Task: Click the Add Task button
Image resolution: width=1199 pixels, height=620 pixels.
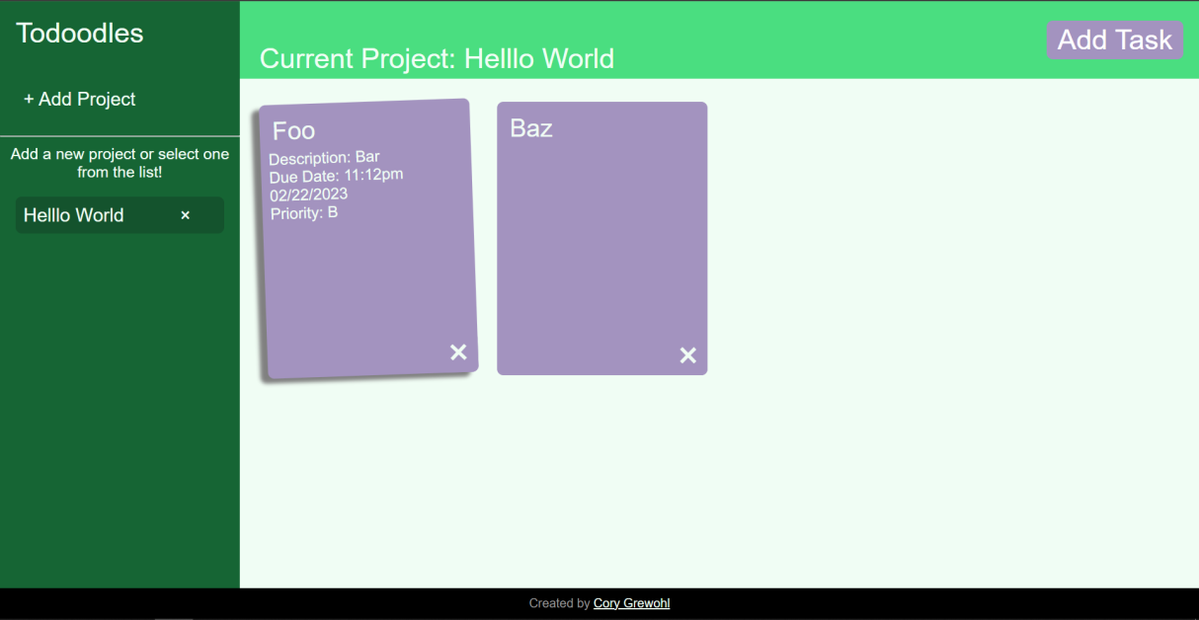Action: tap(1114, 39)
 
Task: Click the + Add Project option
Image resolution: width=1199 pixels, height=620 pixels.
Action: tap(80, 99)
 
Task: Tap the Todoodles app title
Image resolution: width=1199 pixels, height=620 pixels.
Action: tap(79, 33)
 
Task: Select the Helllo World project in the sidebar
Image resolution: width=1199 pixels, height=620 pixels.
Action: tap(74, 215)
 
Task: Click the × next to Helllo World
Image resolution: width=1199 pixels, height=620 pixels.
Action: tap(185, 215)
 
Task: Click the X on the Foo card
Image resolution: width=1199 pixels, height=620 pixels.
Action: tap(458, 352)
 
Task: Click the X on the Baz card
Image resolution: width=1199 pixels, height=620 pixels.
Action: tap(688, 355)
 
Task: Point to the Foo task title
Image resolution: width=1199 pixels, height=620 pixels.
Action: tap(293, 130)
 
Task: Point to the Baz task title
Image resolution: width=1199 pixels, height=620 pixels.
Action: tap(531, 127)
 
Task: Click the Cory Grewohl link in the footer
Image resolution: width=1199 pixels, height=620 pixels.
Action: tap(631, 603)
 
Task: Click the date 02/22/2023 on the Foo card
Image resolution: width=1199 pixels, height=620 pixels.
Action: tap(308, 194)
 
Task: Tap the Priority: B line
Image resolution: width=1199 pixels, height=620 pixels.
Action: tap(304, 212)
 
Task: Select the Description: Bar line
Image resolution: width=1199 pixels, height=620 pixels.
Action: tap(324, 158)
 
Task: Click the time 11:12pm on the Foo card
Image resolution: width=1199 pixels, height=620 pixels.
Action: tap(373, 175)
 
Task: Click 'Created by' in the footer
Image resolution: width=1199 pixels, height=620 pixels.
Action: tap(559, 603)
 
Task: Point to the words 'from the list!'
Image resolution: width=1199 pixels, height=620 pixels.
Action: tap(120, 172)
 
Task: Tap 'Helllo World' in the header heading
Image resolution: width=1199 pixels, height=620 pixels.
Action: tap(539, 58)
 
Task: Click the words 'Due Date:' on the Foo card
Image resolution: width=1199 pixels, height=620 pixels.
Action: tap(304, 176)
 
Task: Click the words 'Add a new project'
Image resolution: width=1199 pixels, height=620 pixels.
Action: tap(73, 154)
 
